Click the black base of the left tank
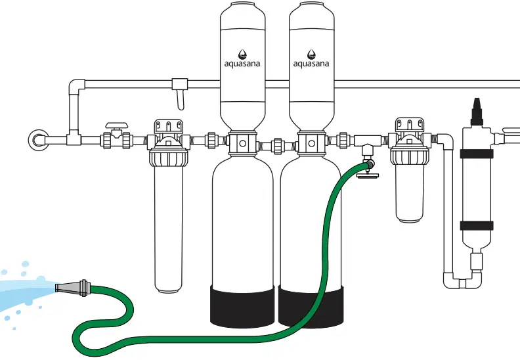tap(242, 305)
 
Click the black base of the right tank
tap(311, 305)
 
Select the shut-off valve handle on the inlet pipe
tap(117, 125)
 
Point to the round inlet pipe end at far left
tap(37, 139)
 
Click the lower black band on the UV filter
tap(475, 225)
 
